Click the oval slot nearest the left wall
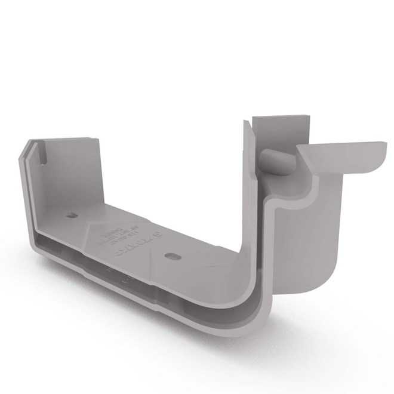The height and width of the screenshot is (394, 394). [x=72, y=215]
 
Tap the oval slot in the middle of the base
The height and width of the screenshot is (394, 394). [x=172, y=256]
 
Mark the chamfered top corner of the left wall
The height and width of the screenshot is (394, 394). [x=29, y=147]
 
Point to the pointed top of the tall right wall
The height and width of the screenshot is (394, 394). [x=245, y=123]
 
